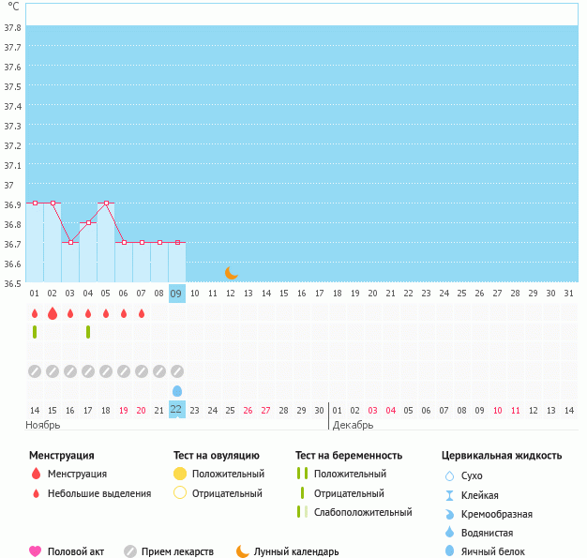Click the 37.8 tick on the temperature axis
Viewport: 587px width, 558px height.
[13, 27]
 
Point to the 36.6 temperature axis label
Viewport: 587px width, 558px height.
[13, 264]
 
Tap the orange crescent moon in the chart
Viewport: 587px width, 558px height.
[232, 272]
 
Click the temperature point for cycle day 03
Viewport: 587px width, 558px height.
[70, 242]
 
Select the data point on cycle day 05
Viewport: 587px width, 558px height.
[106, 203]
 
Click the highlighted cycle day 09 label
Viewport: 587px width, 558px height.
[176, 294]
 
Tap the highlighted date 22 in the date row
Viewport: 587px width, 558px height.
[176, 409]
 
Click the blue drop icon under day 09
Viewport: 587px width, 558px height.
[176, 390]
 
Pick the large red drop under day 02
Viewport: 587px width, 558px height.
[53, 313]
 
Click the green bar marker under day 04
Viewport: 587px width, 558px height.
[88, 332]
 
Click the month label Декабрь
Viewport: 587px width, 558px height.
[354, 425]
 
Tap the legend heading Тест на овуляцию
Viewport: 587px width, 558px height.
[218, 456]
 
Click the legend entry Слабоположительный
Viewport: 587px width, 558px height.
[363, 512]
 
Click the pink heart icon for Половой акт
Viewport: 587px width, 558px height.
[36, 551]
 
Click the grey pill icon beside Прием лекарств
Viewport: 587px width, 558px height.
[130, 551]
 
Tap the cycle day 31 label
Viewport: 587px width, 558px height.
[568, 294]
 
